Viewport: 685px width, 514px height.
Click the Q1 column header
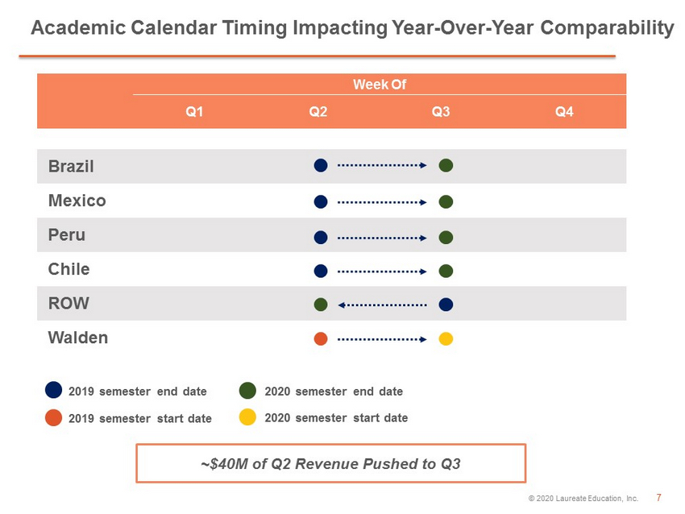(194, 112)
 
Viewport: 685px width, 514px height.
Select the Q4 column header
(564, 112)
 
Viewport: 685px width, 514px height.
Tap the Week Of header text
(380, 85)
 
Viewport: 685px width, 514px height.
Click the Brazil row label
(71, 166)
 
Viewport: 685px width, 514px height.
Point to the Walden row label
(77, 338)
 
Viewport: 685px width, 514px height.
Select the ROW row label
(68, 303)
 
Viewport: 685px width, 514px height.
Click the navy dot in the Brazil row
(321, 165)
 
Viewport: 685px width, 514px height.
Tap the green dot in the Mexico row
(446, 201)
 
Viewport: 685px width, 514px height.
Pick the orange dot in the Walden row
(321, 339)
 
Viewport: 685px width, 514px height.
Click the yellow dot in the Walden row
(446, 339)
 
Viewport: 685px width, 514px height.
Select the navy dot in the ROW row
(446, 305)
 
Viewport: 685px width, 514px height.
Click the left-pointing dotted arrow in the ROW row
(382, 305)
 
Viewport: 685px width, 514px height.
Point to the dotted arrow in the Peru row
(382, 238)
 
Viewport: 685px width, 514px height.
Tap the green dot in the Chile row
(446, 271)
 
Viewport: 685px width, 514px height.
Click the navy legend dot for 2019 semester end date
(53, 390)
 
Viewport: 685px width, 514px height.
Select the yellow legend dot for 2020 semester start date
(247, 417)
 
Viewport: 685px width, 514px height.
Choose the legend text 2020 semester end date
(334, 392)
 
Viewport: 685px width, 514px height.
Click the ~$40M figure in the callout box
(224, 464)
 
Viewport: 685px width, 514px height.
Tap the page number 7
(658, 497)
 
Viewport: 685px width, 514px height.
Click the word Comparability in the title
(608, 28)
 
